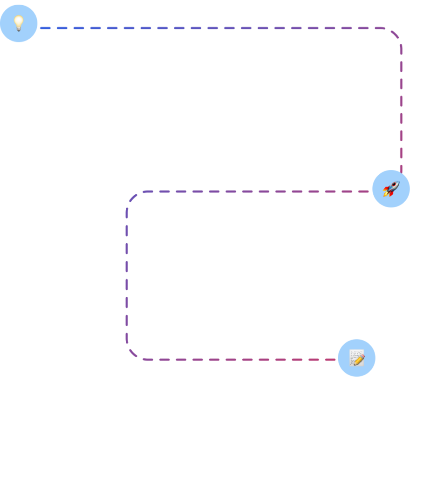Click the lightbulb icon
point(19,23)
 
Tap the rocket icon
point(391,189)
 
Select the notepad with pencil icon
point(357,358)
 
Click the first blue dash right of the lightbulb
point(45,28)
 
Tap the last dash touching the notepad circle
point(330,360)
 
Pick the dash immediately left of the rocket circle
point(364,191)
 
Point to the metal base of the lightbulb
point(19,29)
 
